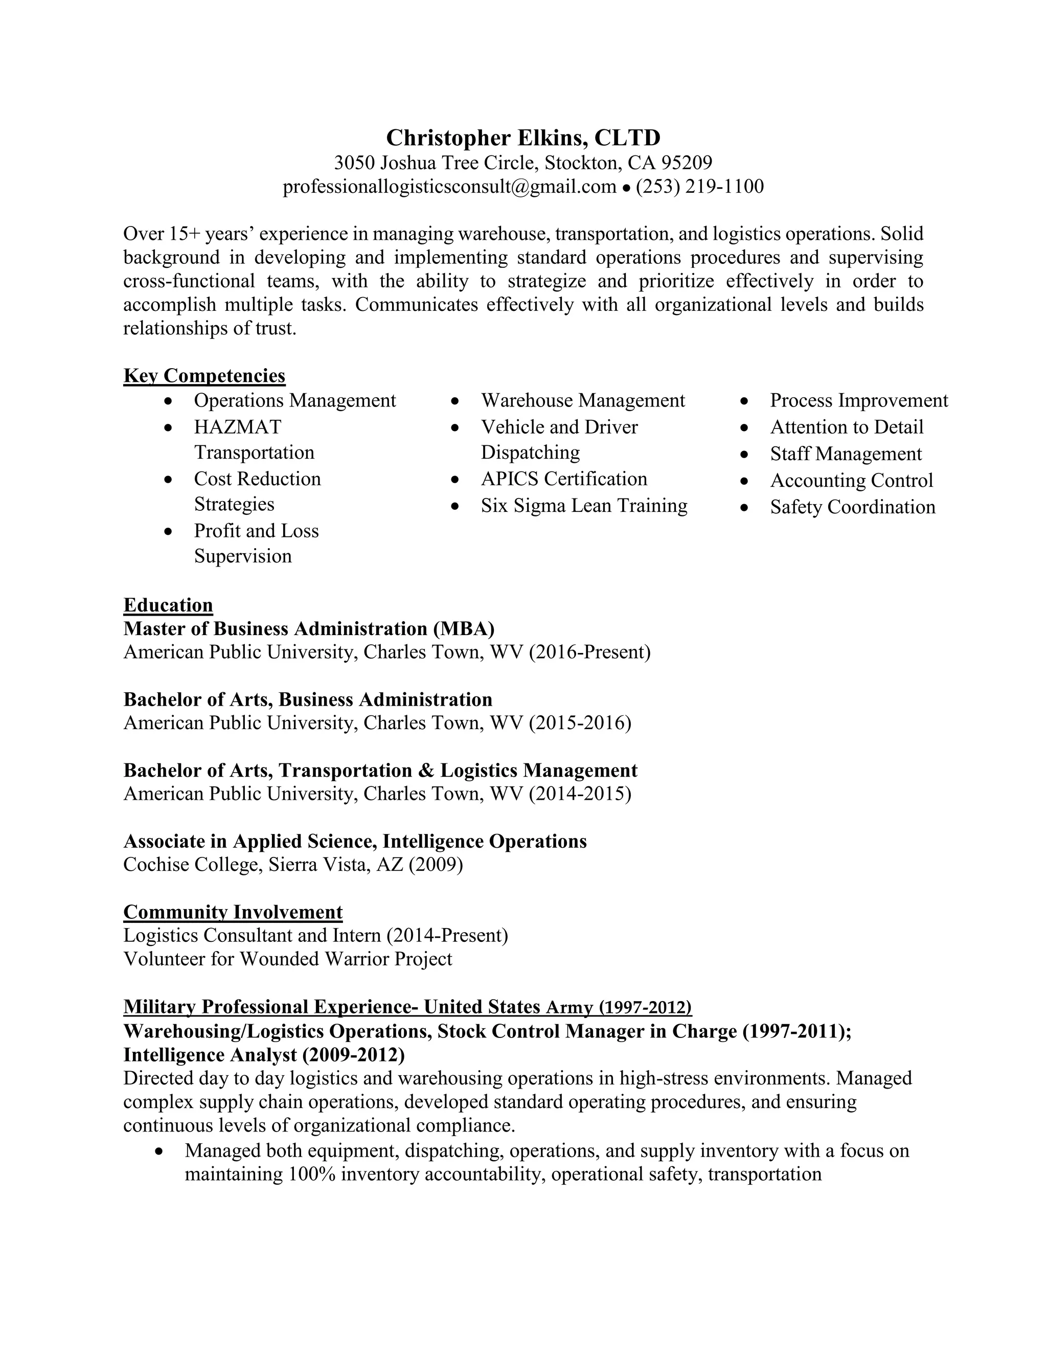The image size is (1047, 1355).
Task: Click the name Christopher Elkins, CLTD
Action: (523, 137)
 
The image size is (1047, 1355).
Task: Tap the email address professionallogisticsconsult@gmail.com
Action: (449, 186)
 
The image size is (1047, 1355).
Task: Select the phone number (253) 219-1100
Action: (700, 186)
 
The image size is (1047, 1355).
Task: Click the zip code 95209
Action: (687, 163)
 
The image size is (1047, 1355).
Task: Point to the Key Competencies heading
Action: (204, 375)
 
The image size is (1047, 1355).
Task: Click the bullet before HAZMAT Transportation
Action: (169, 427)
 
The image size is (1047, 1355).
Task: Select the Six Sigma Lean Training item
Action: (584, 506)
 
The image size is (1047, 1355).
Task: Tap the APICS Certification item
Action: (564, 479)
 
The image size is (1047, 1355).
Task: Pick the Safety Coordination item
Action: (852, 507)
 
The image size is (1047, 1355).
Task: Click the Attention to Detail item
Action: (846, 427)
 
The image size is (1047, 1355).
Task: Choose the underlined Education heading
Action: (168, 605)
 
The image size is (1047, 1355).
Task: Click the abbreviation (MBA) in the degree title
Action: (463, 628)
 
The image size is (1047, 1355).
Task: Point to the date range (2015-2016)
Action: (580, 723)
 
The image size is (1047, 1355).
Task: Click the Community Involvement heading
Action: (233, 912)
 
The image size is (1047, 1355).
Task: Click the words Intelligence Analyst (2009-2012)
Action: (264, 1055)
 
